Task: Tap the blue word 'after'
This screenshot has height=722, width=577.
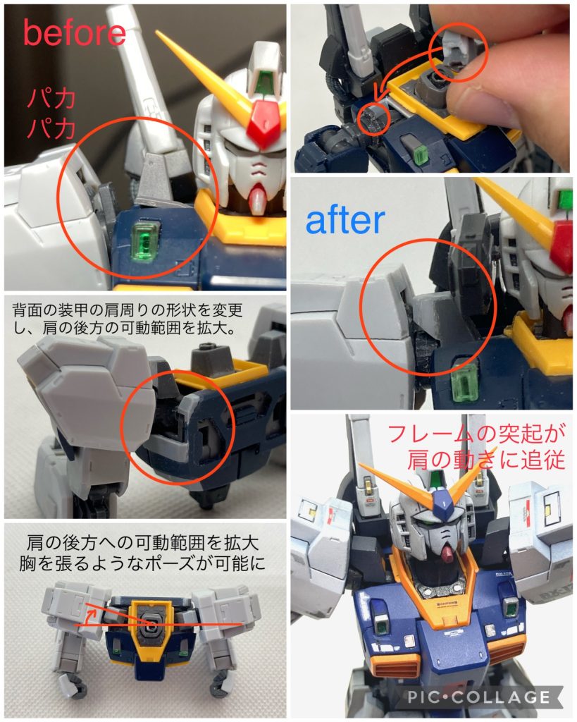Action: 345,220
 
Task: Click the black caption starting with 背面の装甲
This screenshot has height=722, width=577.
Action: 144,318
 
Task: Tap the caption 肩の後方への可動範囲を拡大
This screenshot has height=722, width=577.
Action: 144,543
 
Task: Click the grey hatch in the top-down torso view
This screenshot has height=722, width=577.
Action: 151,623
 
